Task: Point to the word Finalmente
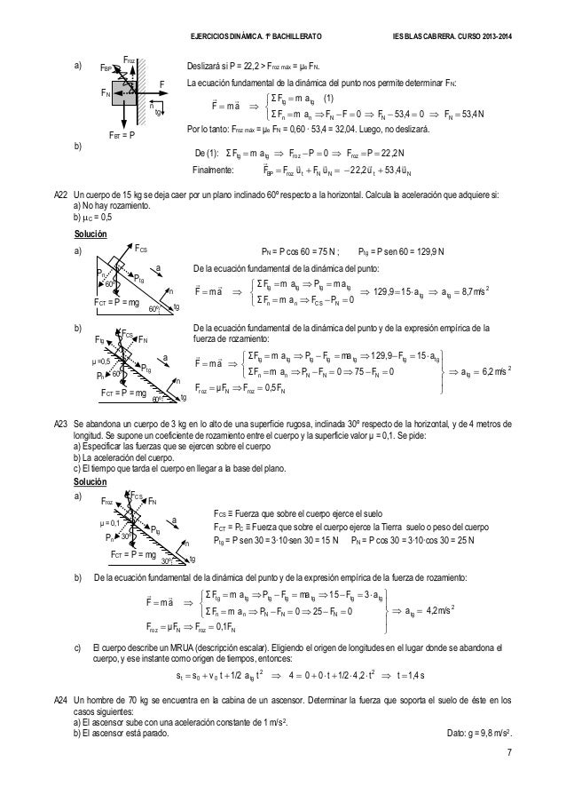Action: [x=214, y=144]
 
